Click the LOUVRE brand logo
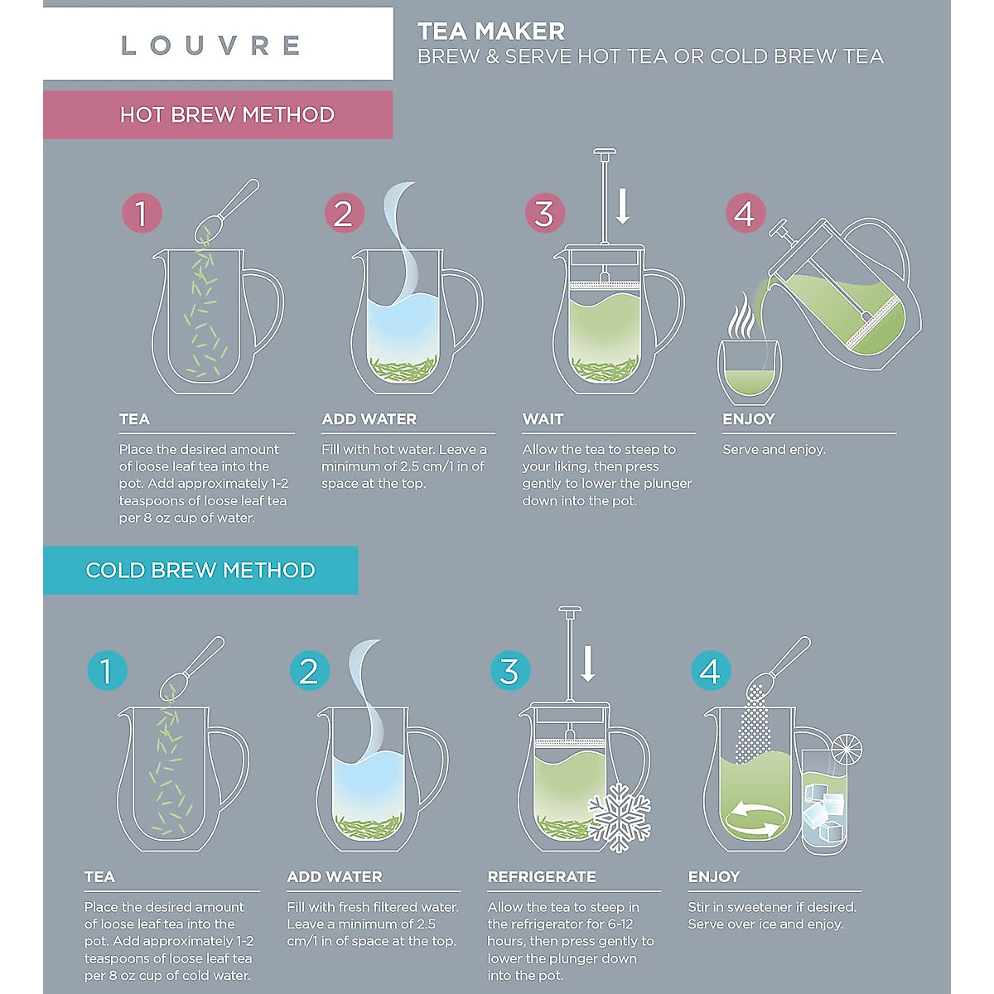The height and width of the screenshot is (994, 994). point(210,45)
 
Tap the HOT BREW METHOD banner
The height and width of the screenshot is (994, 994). point(226,114)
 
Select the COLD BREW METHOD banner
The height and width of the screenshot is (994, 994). point(200,570)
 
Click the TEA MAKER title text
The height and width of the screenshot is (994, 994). point(490,31)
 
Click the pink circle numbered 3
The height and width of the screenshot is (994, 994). point(544,214)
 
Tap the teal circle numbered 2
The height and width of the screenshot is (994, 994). point(309,671)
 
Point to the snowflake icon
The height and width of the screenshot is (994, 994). point(620,817)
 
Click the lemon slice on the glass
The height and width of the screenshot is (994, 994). point(847,750)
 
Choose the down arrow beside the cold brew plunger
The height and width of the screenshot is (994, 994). point(588,663)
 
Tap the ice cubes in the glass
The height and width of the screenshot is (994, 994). point(824,812)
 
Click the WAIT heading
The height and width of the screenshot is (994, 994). point(543,419)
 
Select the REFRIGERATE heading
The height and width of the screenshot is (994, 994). point(542,876)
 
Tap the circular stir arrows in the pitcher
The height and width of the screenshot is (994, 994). point(751,819)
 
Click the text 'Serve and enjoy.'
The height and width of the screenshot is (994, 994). point(774,449)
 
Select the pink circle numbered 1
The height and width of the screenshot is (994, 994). point(142,214)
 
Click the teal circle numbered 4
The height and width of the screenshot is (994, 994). point(711,671)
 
